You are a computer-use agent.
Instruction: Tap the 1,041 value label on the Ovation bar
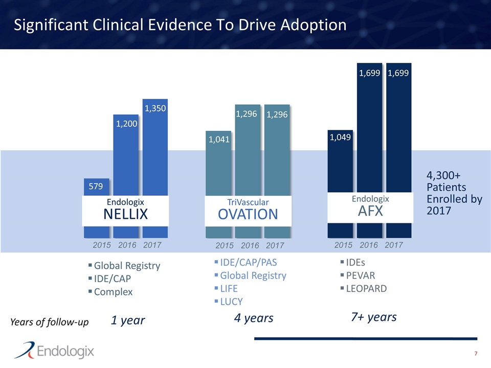(x=219, y=139)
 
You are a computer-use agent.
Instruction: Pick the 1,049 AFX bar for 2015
(x=340, y=169)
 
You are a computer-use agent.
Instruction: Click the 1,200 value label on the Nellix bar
(x=125, y=123)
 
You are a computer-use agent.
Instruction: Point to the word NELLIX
(x=125, y=215)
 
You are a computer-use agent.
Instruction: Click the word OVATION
(x=248, y=214)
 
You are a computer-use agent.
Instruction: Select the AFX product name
(x=370, y=211)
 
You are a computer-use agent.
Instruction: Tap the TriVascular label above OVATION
(x=248, y=202)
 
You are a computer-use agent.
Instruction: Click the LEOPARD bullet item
(x=366, y=288)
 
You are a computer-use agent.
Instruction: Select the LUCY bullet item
(x=231, y=302)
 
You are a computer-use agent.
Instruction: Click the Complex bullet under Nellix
(x=113, y=292)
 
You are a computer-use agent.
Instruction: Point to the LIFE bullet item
(x=229, y=288)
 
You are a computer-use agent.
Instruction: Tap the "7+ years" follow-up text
(x=374, y=317)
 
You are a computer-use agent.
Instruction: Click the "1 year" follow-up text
(x=128, y=320)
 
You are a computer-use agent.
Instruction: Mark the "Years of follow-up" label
(x=49, y=322)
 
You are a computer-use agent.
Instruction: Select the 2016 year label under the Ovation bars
(x=251, y=246)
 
